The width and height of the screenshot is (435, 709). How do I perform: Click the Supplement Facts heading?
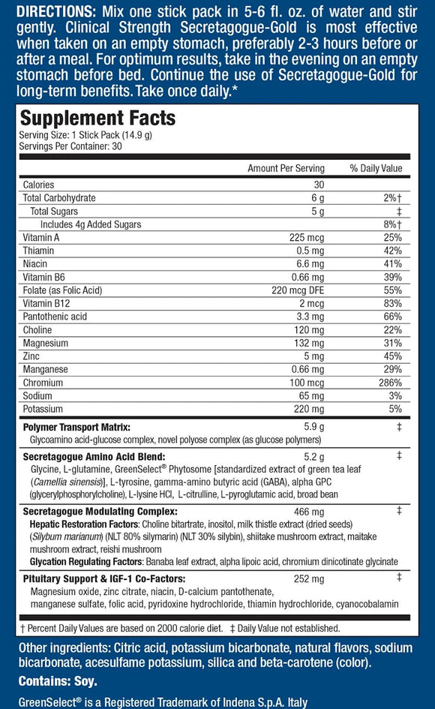(x=97, y=119)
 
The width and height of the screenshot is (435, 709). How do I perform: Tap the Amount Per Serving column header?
(x=286, y=168)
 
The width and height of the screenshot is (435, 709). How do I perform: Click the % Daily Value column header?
(x=376, y=168)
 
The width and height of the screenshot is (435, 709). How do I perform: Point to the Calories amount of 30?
(x=317, y=185)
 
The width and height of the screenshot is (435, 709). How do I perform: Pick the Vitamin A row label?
(x=41, y=237)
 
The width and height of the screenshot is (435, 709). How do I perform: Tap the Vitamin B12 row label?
(x=45, y=303)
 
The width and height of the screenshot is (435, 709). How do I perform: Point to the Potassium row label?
(x=43, y=409)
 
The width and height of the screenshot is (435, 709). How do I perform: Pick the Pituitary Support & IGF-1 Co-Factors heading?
(x=104, y=578)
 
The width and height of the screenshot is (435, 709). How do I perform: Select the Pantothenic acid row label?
(x=55, y=317)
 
